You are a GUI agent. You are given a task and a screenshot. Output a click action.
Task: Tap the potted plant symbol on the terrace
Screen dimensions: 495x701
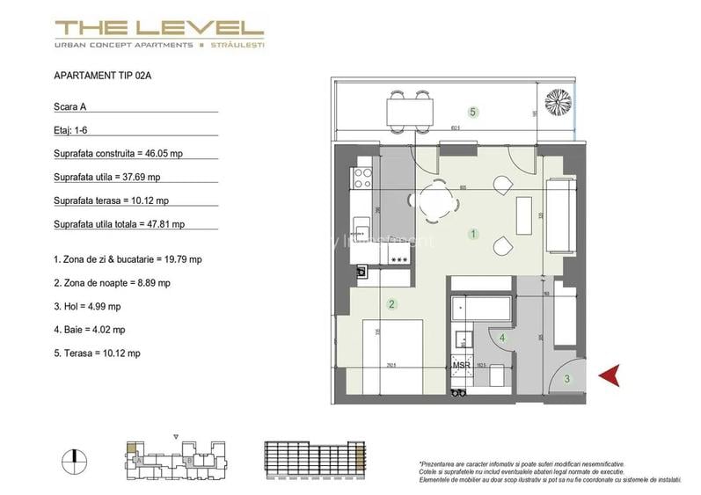pyautogui.click(x=558, y=103)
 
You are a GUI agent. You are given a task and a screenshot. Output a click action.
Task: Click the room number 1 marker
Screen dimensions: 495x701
pyautogui.click(x=473, y=234)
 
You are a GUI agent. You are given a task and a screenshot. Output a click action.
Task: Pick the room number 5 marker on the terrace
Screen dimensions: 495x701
pyautogui.click(x=473, y=112)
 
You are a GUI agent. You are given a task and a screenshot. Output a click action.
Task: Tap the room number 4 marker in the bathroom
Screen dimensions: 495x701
pyautogui.click(x=502, y=337)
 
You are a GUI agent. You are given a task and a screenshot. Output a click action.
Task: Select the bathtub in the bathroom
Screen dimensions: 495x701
pyautogui.click(x=481, y=310)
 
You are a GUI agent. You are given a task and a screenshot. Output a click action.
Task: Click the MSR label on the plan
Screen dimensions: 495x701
pyautogui.click(x=460, y=365)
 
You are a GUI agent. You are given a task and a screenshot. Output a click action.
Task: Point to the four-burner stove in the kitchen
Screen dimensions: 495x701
pyautogui.click(x=362, y=181)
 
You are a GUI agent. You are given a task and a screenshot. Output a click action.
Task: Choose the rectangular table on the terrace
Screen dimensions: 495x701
pyautogui.click(x=409, y=111)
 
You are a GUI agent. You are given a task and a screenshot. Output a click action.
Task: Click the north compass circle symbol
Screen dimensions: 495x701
pyautogui.click(x=76, y=457)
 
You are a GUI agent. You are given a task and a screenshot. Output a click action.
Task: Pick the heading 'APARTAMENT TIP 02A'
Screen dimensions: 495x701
pyautogui.click(x=103, y=76)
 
